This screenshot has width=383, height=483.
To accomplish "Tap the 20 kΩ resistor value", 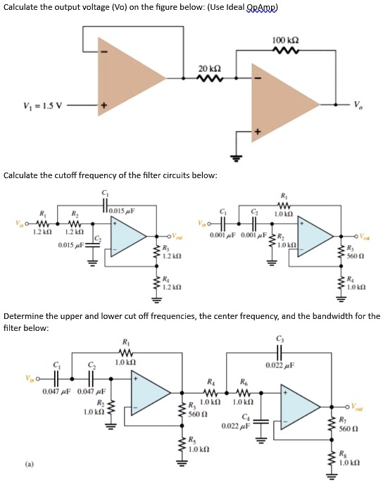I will click(x=211, y=67).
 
